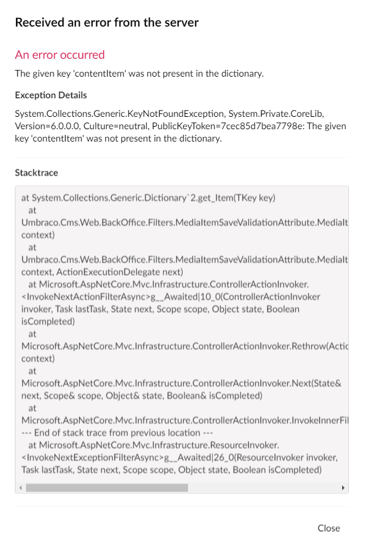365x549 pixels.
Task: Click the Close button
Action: coord(328,528)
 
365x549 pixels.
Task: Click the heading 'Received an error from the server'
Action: coord(106,23)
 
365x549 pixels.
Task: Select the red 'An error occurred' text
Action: coord(60,55)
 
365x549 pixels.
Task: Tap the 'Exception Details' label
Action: coord(51,95)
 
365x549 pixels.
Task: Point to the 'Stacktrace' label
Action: coord(36,173)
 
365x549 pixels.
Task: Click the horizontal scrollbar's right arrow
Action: coord(343,488)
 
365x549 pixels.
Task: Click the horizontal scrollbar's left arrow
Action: coord(20,488)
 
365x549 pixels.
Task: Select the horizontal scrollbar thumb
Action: coord(106,488)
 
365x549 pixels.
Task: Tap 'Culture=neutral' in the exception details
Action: coord(118,126)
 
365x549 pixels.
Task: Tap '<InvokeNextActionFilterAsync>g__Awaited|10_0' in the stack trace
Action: coord(118,297)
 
